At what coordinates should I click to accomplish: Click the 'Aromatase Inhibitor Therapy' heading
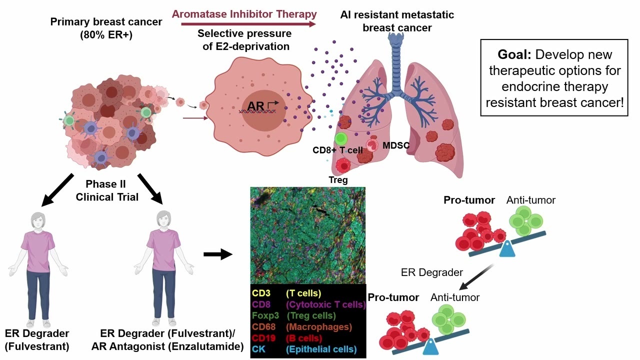coord(244,14)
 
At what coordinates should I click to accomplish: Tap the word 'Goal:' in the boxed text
coord(514,54)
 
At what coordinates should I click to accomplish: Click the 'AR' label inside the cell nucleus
coord(255,106)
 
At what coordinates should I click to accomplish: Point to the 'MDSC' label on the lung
coord(396,145)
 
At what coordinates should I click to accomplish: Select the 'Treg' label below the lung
coord(338,179)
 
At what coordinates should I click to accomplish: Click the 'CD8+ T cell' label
coord(337,150)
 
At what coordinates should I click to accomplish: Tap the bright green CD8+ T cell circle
coord(341,139)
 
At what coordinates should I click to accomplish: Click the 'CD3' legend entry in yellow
coord(261,293)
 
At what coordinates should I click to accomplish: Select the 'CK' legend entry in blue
coord(258,349)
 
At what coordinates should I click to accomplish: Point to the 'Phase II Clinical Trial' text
coord(107,190)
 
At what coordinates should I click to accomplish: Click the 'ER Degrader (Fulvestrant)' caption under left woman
coord(37,339)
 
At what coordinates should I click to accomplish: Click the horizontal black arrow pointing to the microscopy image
coord(218,254)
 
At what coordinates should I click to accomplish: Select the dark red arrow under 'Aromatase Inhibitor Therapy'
coord(248,24)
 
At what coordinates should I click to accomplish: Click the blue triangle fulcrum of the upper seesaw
coord(507,249)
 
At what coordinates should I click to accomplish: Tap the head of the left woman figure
coord(38,220)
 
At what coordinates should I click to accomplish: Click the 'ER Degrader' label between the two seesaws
coord(431,272)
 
